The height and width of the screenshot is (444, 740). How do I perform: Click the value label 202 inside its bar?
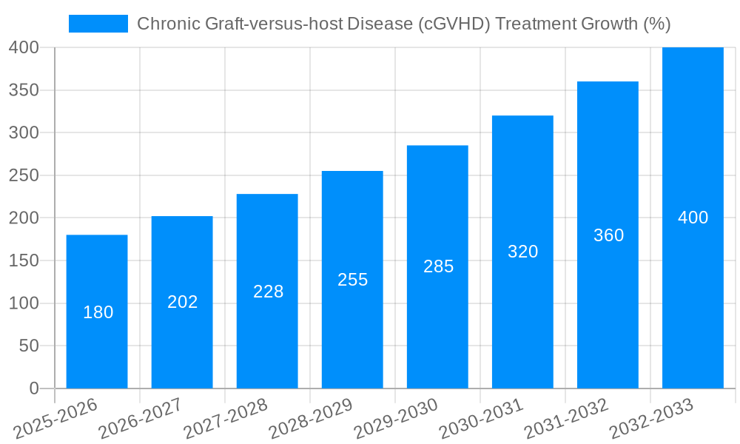[x=182, y=302]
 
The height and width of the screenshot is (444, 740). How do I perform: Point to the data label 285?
[x=438, y=266]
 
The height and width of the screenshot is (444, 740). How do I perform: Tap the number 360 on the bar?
[x=608, y=235]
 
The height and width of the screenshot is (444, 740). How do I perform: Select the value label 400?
[x=693, y=218]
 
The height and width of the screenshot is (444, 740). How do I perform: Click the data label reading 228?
[x=268, y=292]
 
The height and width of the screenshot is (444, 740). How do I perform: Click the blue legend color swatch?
[x=98, y=24]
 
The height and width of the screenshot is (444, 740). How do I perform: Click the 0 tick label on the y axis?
[x=33, y=388]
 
